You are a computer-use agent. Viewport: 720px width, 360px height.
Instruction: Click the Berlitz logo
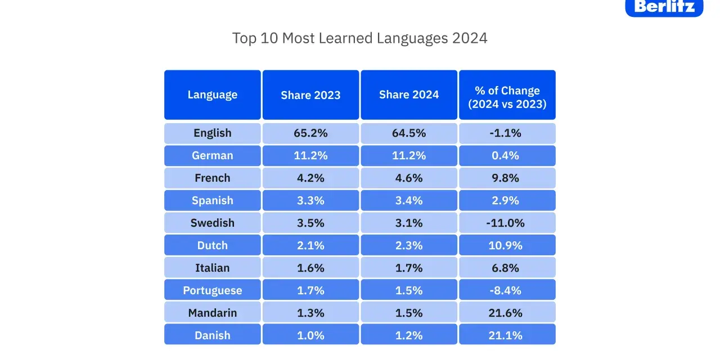point(664,7)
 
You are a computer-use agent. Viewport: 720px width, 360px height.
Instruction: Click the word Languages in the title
point(412,39)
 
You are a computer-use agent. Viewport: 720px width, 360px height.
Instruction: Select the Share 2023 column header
point(310,95)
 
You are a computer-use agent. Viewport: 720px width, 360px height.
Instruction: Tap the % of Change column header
point(507,95)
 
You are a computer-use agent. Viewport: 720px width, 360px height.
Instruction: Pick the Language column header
point(213,95)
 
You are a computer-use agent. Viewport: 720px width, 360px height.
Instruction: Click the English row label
point(213,133)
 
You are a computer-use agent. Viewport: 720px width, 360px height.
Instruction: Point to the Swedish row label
point(213,223)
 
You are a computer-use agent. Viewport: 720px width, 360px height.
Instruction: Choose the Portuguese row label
point(213,291)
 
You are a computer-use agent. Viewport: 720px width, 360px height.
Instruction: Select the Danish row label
point(213,335)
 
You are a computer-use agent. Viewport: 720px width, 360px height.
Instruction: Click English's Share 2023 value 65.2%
point(310,133)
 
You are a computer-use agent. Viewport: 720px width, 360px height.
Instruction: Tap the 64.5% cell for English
point(409,133)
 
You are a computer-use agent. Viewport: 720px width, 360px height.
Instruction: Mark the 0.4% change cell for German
point(505,156)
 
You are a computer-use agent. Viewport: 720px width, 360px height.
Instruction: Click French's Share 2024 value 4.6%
point(409,178)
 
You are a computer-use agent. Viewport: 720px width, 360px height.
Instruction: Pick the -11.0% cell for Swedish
point(505,223)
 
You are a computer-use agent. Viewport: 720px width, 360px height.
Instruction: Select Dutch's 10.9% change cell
point(505,245)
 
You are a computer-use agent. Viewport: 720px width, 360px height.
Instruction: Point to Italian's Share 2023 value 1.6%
point(310,268)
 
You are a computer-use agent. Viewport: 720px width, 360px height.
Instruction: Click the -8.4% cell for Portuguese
point(505,290)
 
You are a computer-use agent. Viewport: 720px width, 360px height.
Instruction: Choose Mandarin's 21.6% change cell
point(505,313)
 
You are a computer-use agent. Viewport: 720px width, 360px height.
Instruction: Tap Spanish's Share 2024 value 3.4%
point(409,201)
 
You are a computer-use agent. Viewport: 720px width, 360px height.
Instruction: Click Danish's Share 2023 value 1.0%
point(310,335)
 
